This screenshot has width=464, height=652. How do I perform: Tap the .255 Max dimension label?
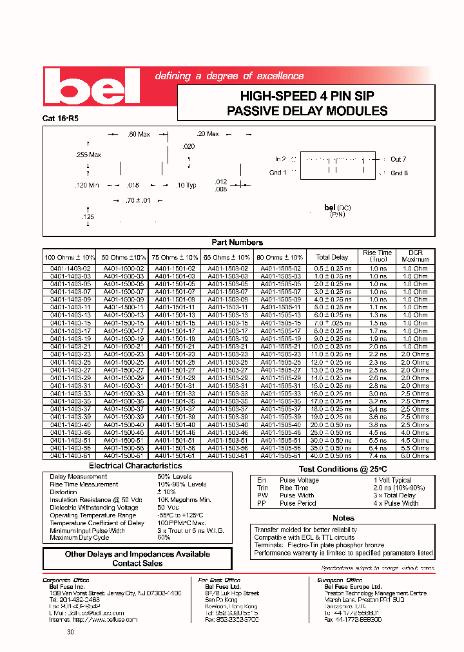(88, 155)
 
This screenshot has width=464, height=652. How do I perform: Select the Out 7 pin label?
(398, 159)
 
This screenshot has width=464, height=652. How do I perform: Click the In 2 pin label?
(280, 159)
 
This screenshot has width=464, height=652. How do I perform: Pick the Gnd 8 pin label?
(399, 173)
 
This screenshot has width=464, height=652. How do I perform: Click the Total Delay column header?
(332, 257)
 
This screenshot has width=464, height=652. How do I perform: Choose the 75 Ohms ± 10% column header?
(175, 257)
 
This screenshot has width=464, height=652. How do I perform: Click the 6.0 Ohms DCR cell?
(416, 455)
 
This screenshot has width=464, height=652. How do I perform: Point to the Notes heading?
(343, 518)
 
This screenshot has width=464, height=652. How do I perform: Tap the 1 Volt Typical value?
(392, 480)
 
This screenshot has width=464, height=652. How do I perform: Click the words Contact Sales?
(137, 563)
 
